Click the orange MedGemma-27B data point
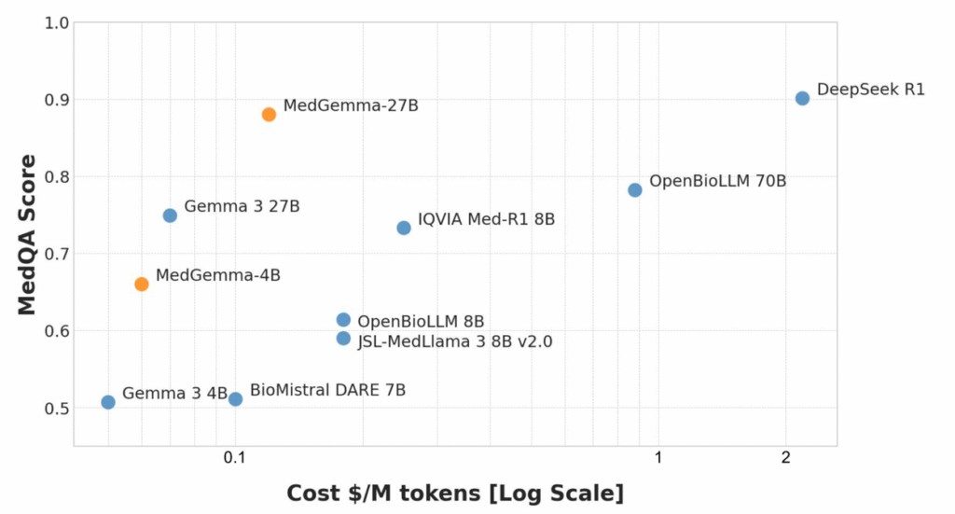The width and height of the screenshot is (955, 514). pyautogui.click(x=269, y=115)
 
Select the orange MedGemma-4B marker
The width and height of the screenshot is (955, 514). pyautogui.click(x=142, y=284)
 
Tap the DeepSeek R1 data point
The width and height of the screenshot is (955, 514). pyautogui.click(x=802, y=98)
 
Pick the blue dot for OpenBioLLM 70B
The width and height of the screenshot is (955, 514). pyautogui.click(x=635, y=189)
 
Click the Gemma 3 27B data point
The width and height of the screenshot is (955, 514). pyautogui.click(x=170, y=215)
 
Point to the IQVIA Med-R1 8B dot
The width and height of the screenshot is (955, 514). pyautogui.click(x=404, y=228)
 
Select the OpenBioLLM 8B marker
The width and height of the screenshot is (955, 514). pyautogui.click(x=343, y=320)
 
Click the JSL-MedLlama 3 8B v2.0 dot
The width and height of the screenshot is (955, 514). pyautogui.click(x=343, y=339)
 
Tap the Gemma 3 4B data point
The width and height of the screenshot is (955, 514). pyautogui.click(x=108, y=402)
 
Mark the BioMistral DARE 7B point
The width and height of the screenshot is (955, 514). pyautogui.click(x=235, y=399)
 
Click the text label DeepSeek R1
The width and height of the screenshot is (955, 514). pyautogui.click(x=870, y=90)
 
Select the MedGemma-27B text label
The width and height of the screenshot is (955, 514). pyautogui.click(x=351, y=105)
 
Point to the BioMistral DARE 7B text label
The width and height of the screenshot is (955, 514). pyautogui.click(x=327, y=390)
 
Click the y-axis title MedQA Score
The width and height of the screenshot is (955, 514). pyautogui.click(x=28, y=234)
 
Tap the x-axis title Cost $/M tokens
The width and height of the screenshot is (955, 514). pyautogui.click(x=454, y=493)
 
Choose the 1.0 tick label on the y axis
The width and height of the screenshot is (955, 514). pyautogui.click(x=56, y=22)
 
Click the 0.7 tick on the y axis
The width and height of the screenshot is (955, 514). pyautogui.click(x=56, y=254)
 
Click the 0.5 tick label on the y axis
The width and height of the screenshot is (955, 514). pyautogui.click(x=56, y=409)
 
